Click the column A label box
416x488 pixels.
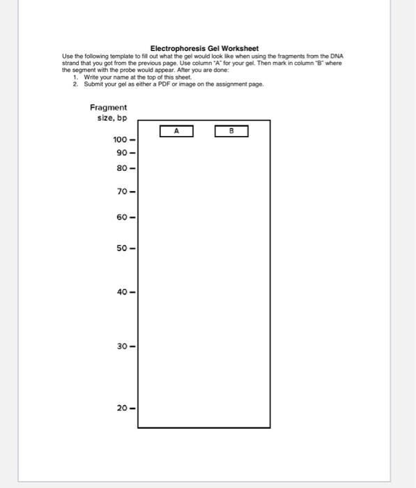pyautogui.click(x=176, y=130)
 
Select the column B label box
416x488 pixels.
pyautogui.click(x=231, y=130)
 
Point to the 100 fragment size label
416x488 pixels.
pyautogui.click(x=121, y=140)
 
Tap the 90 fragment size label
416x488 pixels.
pyautogui.click(x=123, y=153)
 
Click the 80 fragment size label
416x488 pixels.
pyautogui.click(x=123, y=167)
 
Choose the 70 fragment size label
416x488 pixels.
pyautogui.click(x=123, y=190)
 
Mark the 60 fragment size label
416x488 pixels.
pyautogui.click(x=123, y=218)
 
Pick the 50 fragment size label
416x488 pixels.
pyautogui.click(x=123, y=248)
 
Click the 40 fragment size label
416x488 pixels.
pyautogui.click(x=123, y=292)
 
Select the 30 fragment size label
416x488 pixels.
pyautogui.click(x=123, y=346)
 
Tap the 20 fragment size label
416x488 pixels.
pyautogui.click(x=123, y=408)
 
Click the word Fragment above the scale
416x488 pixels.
pyautogui.click(x=109, y=107)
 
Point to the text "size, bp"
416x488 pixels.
pyautogui.click(x=111, y=118)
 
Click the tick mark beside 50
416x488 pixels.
pyautogui.click(x=132, y=248)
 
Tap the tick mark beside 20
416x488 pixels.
pyautogui.click(x=132, y=408)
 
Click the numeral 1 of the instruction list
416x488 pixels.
pyautogui.click(x=75, y=77)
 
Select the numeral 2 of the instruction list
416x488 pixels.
pyautogui.click(x=75, y=84)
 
